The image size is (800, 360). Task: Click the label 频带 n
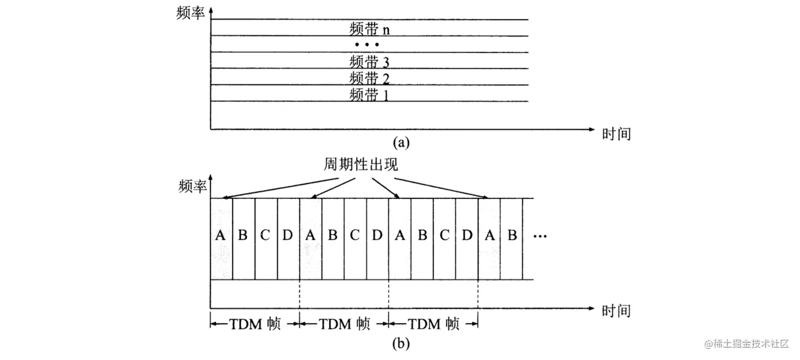370,28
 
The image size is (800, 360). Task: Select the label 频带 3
370,61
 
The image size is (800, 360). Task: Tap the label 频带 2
370,78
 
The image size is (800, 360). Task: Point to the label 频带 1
370,95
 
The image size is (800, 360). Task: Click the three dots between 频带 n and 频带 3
367,44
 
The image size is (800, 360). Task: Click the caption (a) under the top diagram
401,142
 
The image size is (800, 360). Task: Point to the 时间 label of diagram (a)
616,133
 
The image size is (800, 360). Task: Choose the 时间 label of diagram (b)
616,310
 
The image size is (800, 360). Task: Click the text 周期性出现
361,165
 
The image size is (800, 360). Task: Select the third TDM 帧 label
433,324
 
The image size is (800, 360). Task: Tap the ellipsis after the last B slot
541,236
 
